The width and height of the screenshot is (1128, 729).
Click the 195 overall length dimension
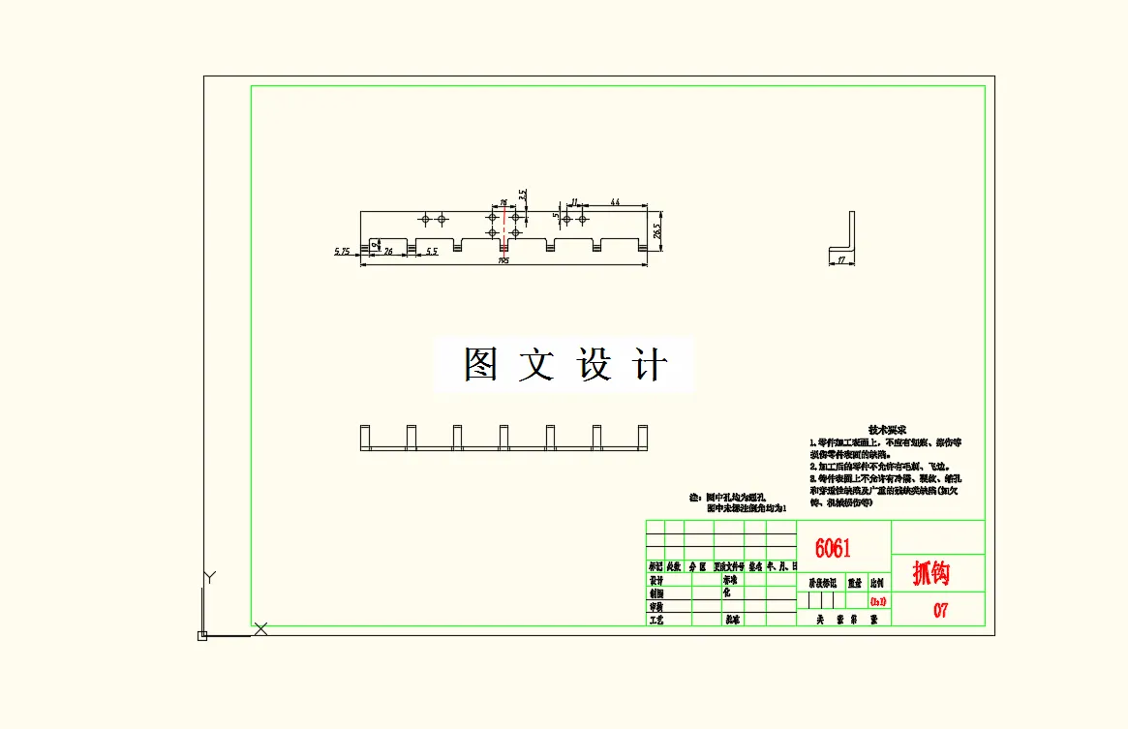point(503,260)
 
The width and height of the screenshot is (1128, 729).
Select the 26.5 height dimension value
point(657,232)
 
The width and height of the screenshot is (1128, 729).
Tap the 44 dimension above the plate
point(614,202)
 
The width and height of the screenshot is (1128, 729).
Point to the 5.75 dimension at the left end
point(342,252)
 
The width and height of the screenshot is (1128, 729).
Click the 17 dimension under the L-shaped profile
point(840,259)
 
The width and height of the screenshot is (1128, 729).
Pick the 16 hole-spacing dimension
point(503,203)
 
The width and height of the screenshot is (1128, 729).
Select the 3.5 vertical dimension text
point(523,195)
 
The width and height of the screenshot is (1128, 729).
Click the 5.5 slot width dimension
point(432,252)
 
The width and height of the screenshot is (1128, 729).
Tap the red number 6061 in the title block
point(833,549)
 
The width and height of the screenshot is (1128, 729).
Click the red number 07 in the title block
point(940,611)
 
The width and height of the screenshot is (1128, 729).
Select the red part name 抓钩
point(930,573)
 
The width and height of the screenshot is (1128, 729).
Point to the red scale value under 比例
point(877,601)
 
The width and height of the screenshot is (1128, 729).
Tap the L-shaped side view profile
point(844,236)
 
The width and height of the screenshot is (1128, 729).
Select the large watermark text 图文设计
point(565,365)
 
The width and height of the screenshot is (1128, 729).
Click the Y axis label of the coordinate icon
point(208,578)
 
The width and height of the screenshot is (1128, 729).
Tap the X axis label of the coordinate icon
point(260,629)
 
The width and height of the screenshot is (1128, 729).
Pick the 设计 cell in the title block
point(656,581)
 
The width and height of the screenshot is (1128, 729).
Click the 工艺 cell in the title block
point(656,619)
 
